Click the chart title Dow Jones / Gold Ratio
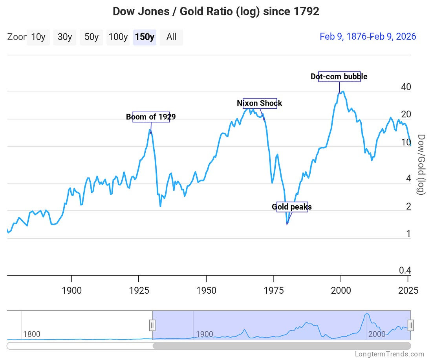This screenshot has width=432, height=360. click(216, 11)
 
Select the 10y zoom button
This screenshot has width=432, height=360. click(38, 37)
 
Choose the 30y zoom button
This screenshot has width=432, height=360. click(65, 37)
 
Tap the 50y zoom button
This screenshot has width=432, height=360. click(92, 37)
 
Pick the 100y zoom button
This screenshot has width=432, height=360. click(118, 37)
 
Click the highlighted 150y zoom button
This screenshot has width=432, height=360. click(145, 37)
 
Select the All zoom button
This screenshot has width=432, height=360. click(171, 37)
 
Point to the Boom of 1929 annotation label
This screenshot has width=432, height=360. click(151, 117)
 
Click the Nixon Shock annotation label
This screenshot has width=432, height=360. click(260, 103)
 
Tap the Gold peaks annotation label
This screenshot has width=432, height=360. click(292, 207)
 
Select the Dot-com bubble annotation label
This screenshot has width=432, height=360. click(339, 77)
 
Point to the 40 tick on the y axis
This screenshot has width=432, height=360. click(406, 87)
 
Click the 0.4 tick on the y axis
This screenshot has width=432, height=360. click(405, 270)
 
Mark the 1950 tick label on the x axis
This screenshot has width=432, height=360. click(206, 291)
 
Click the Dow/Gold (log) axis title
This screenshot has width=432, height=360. click(421, 164)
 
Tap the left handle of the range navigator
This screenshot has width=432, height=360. click(152, 325)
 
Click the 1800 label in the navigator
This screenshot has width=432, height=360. click(32, 334)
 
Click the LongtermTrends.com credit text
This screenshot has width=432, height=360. click(389, 354)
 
